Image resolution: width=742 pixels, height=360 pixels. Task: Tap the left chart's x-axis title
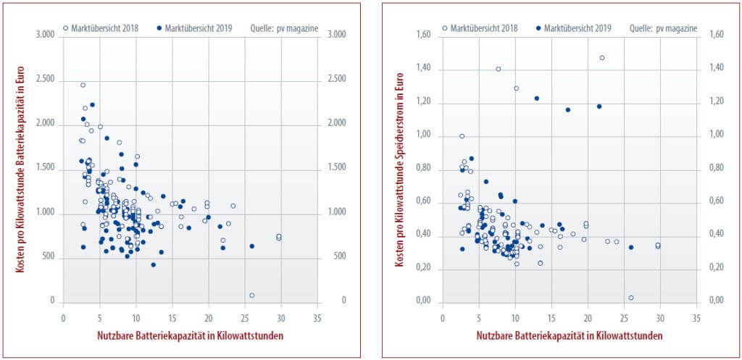(189, 336)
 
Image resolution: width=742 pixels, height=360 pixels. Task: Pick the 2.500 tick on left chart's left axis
(44, 79)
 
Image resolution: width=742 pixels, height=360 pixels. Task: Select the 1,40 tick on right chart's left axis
(422, 69)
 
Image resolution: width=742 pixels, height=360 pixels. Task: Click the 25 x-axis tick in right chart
(623, 317)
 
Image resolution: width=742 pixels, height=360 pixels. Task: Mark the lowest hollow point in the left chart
(252, 295)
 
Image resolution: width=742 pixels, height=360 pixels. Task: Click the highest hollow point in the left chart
(83, 85)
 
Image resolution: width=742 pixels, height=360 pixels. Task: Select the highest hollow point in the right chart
(602, 58)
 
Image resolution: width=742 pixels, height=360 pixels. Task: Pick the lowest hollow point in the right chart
(631, 298)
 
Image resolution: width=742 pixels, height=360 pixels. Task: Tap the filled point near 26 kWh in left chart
(252, 246)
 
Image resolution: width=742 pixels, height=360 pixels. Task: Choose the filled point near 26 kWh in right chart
(631, 247)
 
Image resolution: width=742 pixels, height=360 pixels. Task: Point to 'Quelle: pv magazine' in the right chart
(664, 28)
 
